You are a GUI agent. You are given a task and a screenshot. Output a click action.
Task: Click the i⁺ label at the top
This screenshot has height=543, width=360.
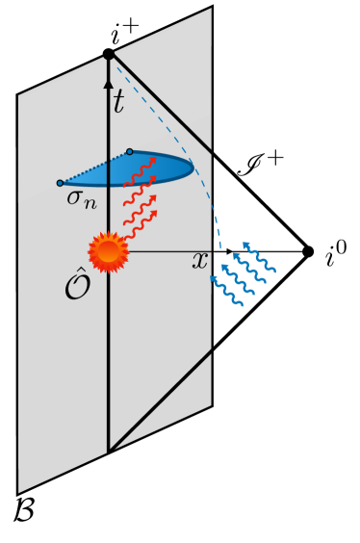point(125,38)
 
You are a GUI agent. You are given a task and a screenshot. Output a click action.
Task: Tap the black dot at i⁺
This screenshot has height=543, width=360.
point(109,55)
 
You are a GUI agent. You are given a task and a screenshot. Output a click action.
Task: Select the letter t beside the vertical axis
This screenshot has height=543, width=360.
point(118,101)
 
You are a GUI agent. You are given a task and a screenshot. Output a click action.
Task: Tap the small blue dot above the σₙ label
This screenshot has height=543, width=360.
point(60,182)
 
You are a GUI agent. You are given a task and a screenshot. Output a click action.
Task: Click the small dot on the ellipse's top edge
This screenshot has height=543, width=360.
point(130,151)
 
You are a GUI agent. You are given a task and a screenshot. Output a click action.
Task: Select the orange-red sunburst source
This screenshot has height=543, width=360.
point(108,252)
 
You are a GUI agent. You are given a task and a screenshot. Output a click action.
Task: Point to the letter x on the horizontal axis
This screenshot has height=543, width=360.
point(200,261)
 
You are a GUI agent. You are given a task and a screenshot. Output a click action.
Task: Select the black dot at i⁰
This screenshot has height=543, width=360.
point(308,252)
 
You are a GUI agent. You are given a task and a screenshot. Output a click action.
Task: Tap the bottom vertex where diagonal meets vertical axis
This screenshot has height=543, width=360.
point(109,451)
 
